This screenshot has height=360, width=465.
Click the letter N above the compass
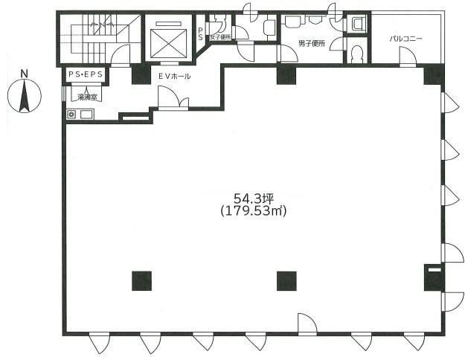click(x=25, y=74)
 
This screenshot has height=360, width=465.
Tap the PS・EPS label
click(x=86, y=74)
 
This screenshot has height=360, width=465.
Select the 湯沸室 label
click(x=87, y=97)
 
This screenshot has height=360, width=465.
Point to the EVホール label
click(x=174, y=76)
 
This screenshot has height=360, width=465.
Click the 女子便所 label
click(x=220, y=37)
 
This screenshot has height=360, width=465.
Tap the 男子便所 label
click(x=312, y=44)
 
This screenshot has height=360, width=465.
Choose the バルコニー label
click(x=405, y=39)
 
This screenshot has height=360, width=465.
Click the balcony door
click(x=408, y=57)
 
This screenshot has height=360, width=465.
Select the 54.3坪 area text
click(x=254, y=198)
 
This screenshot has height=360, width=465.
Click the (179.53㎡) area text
click(x=254, y=210)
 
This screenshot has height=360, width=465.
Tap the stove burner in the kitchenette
click(x=71, y=114)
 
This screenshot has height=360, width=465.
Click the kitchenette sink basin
click(x=86, y=114)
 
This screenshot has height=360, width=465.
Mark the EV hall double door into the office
click(x=173, y=98)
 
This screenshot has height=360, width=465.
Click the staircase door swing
click(x=121, y=54)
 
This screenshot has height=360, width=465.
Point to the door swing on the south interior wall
click(x=307, y=324)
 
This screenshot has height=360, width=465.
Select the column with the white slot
click(x=434, y=277)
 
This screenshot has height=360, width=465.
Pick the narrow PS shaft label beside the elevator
click(x=200, y=33)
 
